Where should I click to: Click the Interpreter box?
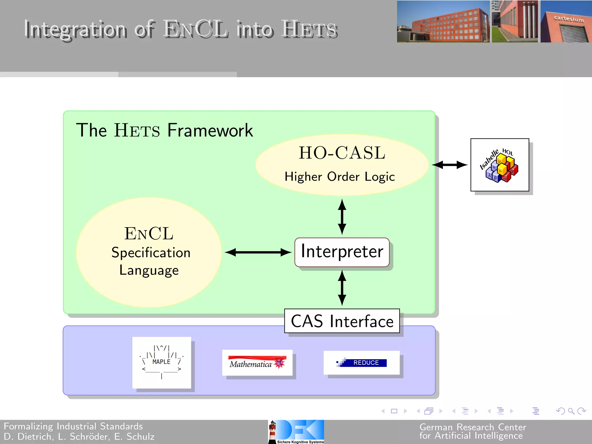click(x=342, y=252)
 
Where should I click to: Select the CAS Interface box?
click(x=342, y=321)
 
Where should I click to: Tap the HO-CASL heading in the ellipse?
click(x=342, y=153)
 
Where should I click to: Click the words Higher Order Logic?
click(x=340, y=177)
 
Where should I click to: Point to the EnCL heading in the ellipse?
click(x=149, y=234)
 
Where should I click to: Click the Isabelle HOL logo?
click(x=499, y=165)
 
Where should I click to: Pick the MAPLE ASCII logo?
click(x=162, y=362)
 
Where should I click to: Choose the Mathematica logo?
click(x=257, y=363)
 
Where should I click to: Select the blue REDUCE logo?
click(x=362, y=363)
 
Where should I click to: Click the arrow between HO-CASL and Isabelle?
click(x=450, y=165)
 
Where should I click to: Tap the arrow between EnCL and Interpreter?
click(x=258, y=252)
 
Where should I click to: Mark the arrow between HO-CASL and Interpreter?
click(x=342, y=217)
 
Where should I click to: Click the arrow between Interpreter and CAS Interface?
click(x=342, y=288)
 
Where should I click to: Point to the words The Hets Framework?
click(x=164, y=130)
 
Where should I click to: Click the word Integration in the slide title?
click(x=75, y=29)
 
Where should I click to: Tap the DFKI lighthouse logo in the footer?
click(x=296, y=432)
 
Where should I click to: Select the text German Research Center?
click(x=473, y=427)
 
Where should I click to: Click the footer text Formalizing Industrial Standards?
click(x=73, y=426)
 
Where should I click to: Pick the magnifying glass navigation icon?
click(x=571, y=411)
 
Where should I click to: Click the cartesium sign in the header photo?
click(x=569, y=19)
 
